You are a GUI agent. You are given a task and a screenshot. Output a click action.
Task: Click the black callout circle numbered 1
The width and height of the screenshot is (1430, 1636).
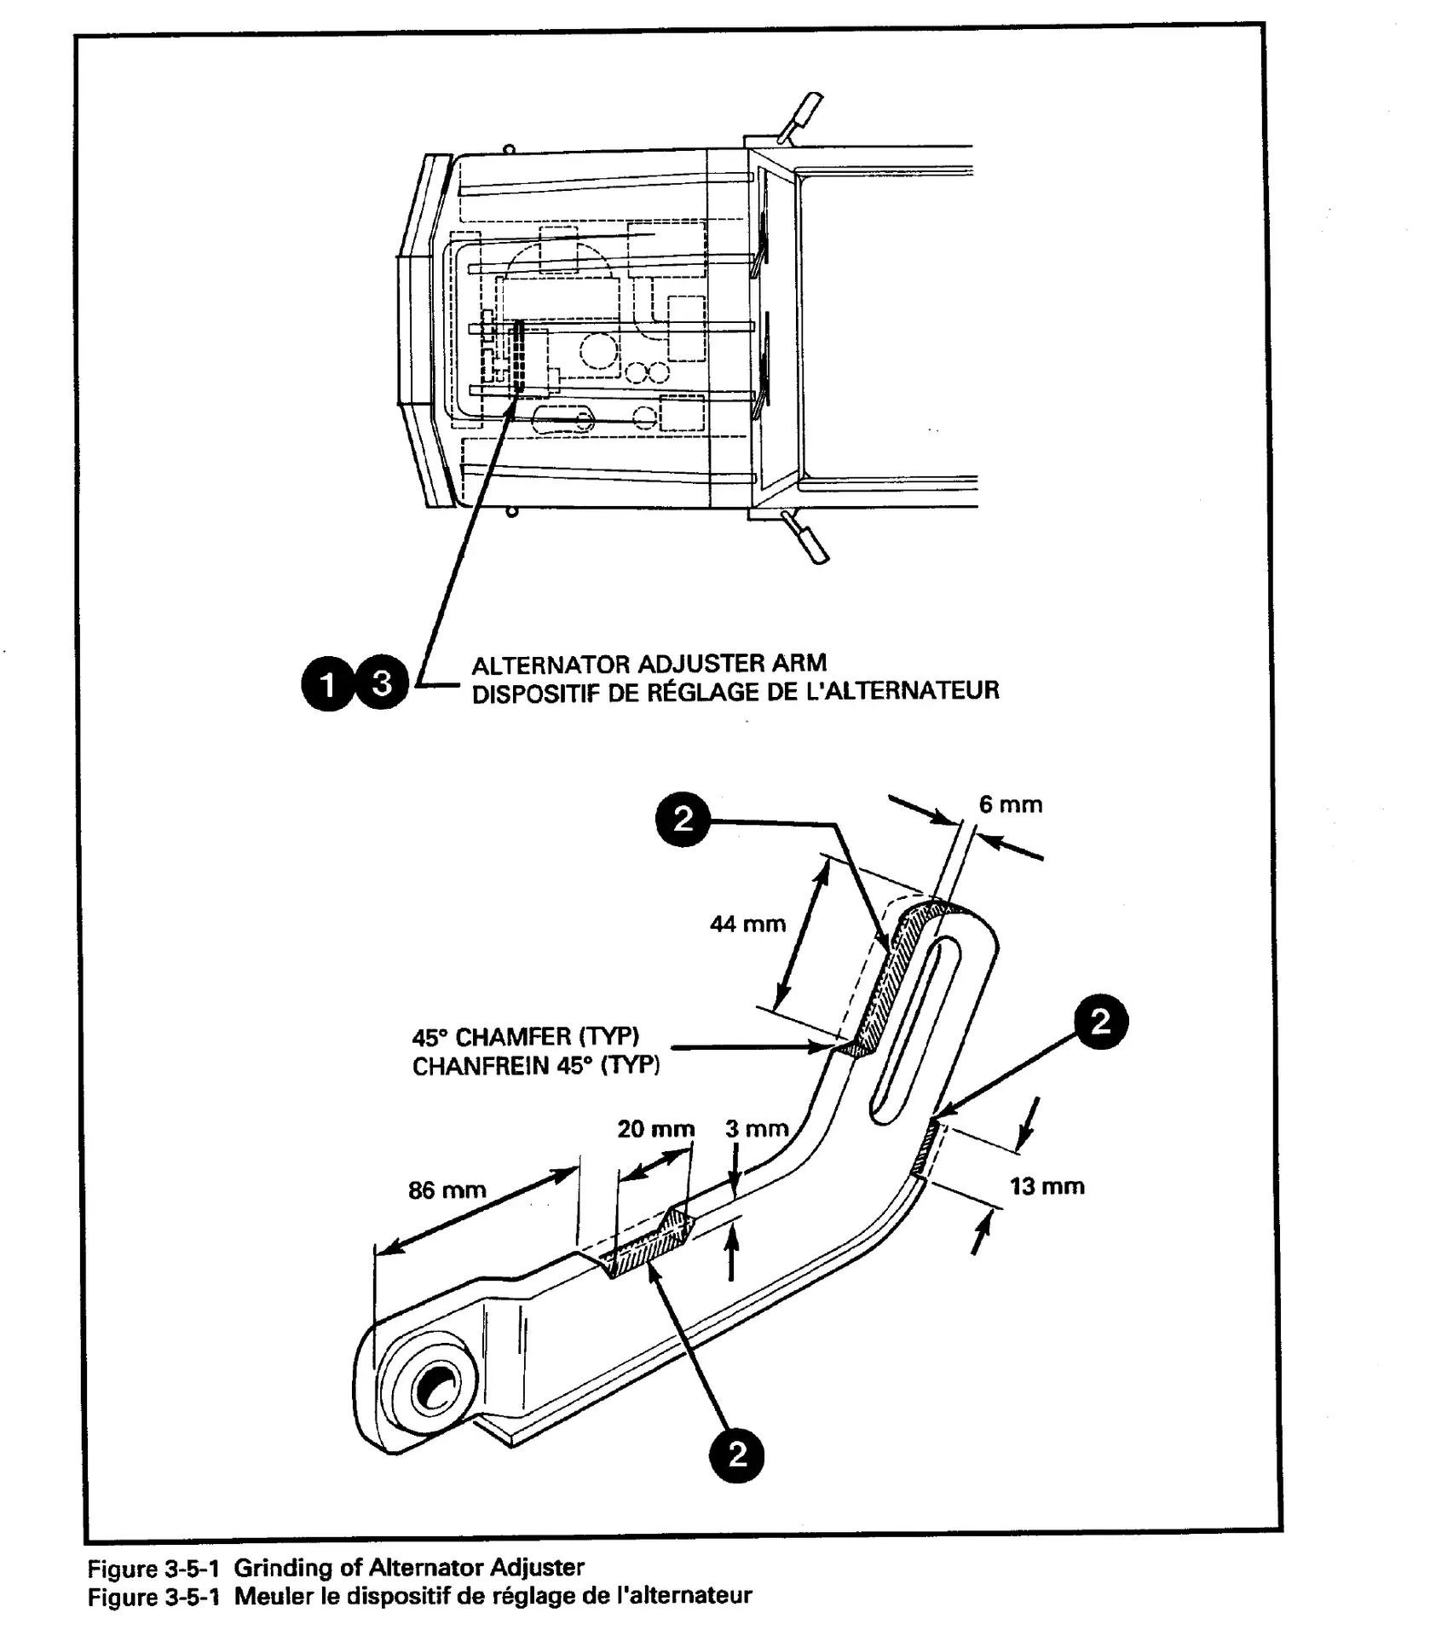click(327, 683)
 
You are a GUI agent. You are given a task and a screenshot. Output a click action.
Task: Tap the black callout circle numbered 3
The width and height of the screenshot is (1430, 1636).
click(382, 683)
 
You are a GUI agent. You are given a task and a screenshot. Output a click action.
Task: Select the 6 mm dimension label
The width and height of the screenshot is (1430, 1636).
click(1010, 804)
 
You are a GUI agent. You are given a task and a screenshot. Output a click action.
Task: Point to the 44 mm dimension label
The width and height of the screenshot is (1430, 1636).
click(747, 924)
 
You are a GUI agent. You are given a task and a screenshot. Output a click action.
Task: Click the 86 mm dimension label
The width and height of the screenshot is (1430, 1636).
click(447, 1190)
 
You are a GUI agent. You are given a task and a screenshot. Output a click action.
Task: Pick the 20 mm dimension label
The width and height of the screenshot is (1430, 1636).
click(655, 1129)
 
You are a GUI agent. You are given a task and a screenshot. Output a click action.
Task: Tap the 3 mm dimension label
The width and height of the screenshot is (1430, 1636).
click(757, 1129)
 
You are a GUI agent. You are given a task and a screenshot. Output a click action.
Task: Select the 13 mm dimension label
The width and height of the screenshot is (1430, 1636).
click(1047, 1186)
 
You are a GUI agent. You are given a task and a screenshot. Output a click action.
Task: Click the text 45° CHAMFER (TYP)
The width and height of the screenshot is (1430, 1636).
click(525, 1037)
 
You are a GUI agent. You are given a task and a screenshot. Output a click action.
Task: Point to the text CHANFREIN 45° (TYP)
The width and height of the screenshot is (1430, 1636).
click(535, 1066)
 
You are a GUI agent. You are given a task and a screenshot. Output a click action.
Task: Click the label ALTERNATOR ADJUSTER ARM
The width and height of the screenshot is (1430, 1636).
click(649, 663)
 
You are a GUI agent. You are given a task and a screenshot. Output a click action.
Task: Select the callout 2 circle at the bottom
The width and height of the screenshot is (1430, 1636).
click(737, 1455)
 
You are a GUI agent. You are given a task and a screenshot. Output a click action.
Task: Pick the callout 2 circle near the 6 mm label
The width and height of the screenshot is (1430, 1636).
click(683, 819)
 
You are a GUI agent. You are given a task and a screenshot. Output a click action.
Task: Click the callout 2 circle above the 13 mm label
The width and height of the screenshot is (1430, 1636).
click(1100, 1021)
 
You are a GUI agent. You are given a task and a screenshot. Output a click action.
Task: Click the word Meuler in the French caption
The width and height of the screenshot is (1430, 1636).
click(274, 1595)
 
